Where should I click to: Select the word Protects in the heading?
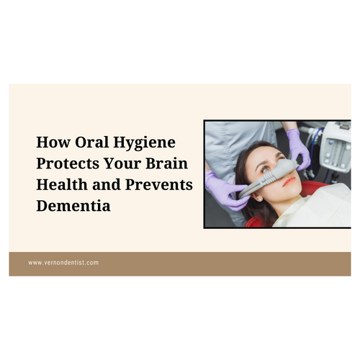tap(71, 164)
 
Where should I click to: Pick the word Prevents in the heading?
tap(161, 185)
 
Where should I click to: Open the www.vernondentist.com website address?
tap(63, 263)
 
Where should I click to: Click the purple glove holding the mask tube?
tap(225, 191)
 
